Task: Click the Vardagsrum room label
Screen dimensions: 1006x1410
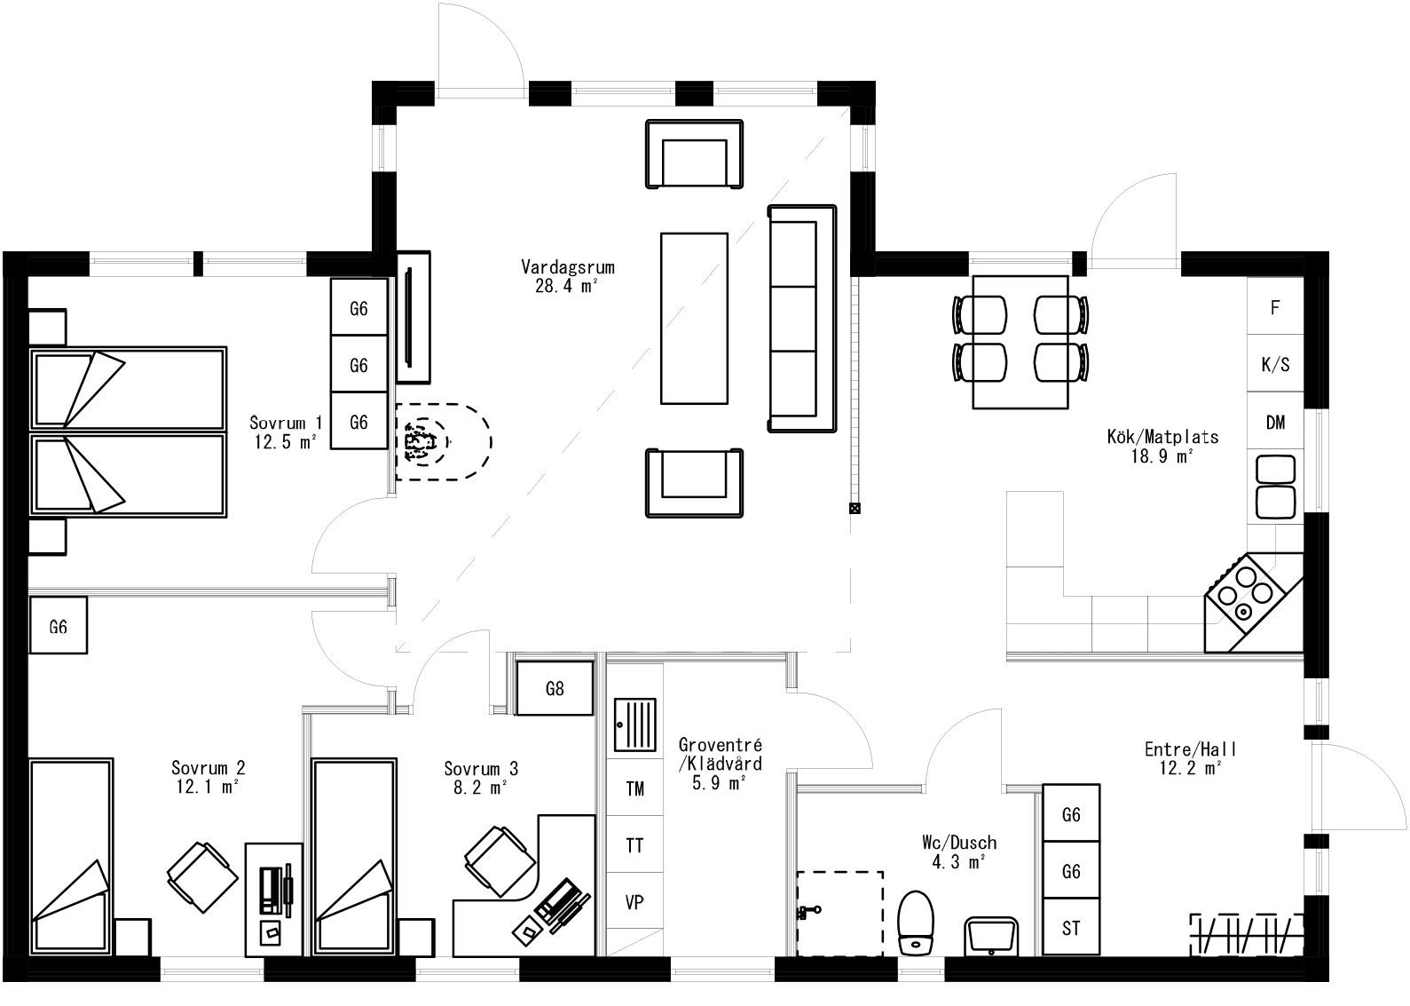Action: pos(568,267)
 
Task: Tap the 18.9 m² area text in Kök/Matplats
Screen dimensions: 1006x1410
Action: pos(1162,457)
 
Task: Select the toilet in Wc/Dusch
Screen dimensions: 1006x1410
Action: pos(916,923)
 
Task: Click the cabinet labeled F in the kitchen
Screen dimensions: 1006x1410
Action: pos(1275,307)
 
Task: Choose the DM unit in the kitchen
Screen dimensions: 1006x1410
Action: pos(1275,423)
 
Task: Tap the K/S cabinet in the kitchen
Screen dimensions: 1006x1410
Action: pos(1275,365)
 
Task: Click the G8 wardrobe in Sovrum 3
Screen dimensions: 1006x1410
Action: pos(555,688)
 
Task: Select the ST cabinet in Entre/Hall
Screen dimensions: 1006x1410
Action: pos(1071,929)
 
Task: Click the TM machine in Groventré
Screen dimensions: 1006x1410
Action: pos(634,788)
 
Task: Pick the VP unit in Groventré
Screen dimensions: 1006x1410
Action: pos(634,902)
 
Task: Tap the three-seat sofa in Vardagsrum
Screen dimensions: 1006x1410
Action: pos(801,319)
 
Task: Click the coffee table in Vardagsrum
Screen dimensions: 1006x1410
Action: pos(694,318)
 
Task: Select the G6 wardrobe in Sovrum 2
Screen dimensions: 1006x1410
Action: pos(58,627)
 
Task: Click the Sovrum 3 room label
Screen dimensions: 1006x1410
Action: pos(481,769)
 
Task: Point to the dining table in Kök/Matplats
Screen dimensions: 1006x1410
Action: pos(1020,342)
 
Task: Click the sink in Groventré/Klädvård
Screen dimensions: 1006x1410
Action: pos(635,725)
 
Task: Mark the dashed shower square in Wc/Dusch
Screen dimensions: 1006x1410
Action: pos(839,913)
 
